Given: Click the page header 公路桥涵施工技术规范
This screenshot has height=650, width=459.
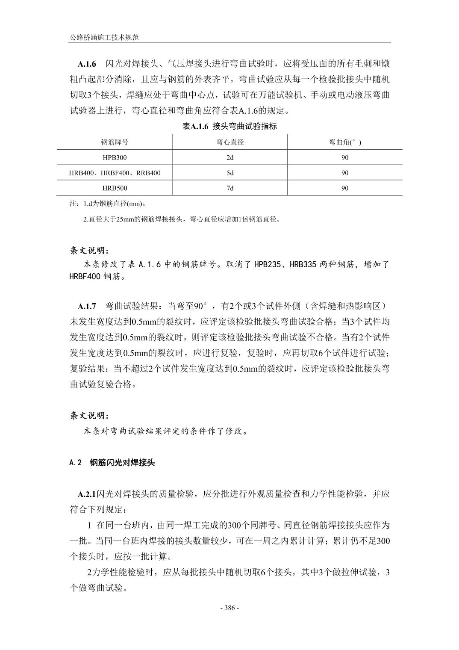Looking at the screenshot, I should (104, 38).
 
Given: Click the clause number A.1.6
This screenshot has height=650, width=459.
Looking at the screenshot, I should (87, 64).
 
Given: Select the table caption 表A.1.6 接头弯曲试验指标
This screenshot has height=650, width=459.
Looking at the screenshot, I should (229, 126).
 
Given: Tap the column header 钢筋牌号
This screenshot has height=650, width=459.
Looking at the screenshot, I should (115, 142).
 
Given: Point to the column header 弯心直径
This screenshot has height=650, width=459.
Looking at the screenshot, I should (230, 142).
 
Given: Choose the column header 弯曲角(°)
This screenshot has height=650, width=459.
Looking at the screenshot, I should (345, 142).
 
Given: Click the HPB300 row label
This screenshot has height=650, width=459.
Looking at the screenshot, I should (115, 157).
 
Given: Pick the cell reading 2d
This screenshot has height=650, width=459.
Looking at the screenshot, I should (230, 157).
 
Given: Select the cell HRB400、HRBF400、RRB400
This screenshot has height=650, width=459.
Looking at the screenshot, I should (115, 173).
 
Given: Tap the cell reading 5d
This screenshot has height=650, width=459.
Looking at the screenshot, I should (230, 173).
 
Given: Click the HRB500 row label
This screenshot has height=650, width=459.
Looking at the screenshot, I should (115, 188).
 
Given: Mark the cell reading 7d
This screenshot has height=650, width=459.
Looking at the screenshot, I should (230, 188).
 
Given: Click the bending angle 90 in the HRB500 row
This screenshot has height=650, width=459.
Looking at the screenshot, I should (345, 188).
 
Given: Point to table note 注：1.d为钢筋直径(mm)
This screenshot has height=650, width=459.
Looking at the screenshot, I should (109, 204).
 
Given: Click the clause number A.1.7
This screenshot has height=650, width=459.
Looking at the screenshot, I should (87, 306).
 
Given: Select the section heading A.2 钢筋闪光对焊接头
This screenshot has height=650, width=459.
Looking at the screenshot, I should (112, 463).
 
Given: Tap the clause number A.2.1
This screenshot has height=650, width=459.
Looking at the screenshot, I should (87, 494).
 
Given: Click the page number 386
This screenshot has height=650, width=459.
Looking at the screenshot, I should (229, 608).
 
